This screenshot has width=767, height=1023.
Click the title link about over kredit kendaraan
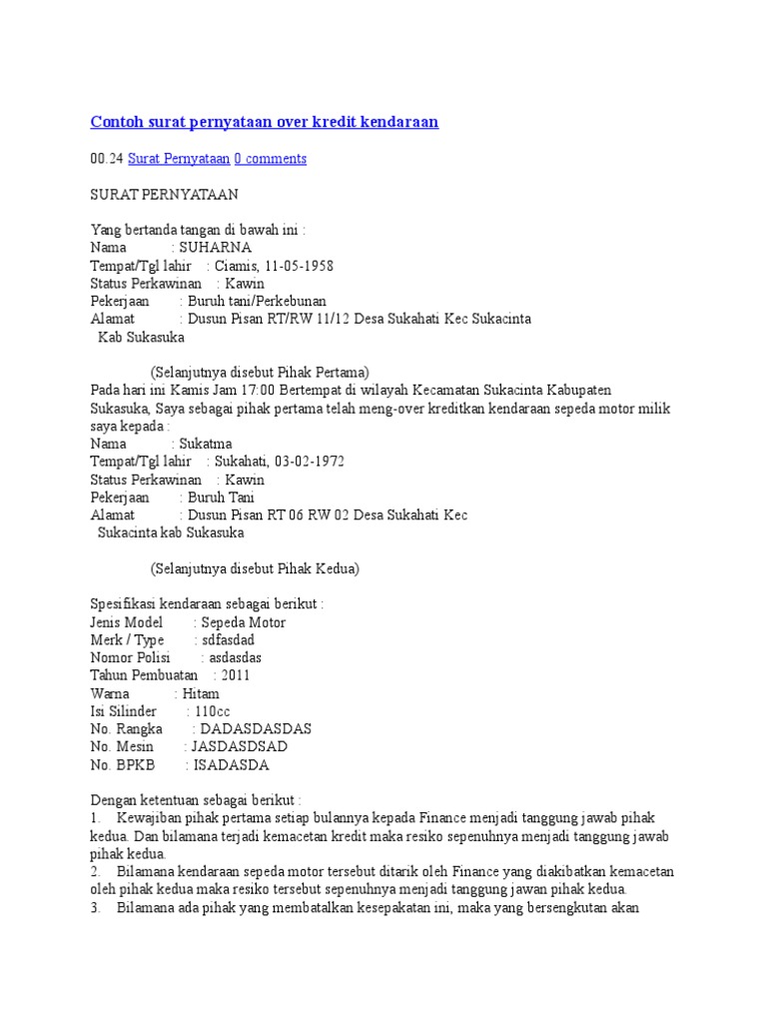(265, 122)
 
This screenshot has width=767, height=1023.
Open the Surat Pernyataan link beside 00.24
(179, 159)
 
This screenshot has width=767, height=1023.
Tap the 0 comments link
(271, 159)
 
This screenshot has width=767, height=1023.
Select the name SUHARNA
(216, 248)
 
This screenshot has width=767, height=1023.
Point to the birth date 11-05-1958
(299, 266)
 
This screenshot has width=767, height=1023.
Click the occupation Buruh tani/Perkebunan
(259, 301)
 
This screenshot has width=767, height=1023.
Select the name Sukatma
(205, 444)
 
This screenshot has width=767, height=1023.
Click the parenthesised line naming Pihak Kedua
(255, 569)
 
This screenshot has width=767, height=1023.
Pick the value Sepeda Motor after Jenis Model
(240, 622)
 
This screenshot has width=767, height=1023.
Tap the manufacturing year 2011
(236, 675)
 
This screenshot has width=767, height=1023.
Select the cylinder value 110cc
(213, 711)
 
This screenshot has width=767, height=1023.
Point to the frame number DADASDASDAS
(257, 729)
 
